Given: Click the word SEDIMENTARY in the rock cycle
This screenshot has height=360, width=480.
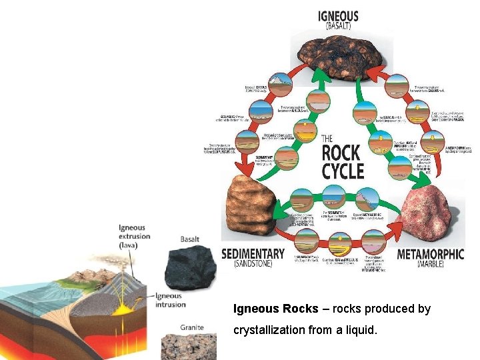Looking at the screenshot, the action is tap(253, 254).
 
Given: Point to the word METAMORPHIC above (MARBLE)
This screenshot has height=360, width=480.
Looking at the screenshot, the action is tap(430, 254).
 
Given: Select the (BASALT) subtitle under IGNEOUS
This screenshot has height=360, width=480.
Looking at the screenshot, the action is tap(338, 27).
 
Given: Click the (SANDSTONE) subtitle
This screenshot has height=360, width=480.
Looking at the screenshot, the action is tap(253, 265).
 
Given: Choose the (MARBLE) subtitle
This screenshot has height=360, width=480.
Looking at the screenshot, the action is tap(430, 265).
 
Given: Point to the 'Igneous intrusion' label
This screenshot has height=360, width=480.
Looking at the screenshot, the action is tap(169, 299).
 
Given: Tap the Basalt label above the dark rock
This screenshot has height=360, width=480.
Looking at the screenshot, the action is tap(190, 238).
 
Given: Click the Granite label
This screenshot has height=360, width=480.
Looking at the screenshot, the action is tap(192, 327).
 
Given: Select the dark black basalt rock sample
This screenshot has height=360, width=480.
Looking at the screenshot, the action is tap(191, 266).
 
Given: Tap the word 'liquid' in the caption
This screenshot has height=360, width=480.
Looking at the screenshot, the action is tap(360, 330).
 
